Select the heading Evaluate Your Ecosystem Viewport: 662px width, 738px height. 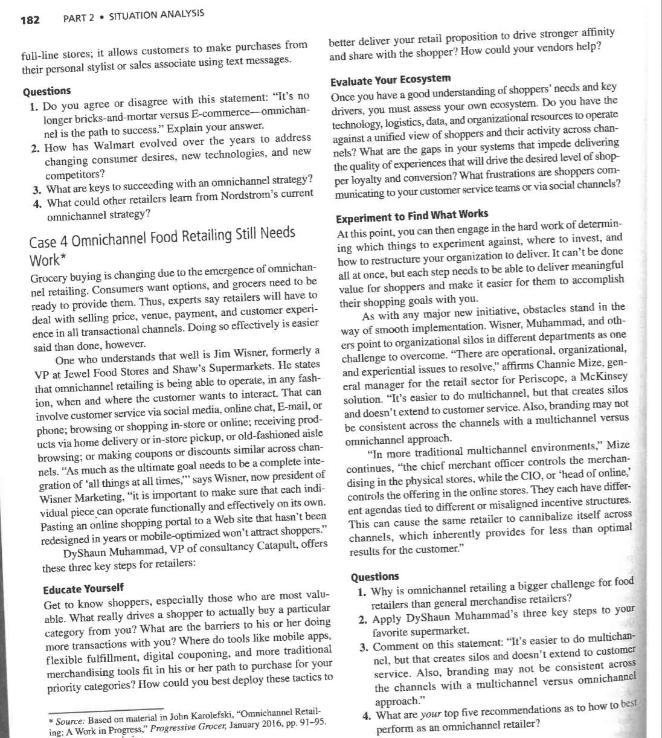point(390,79)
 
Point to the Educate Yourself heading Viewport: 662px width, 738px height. point(83,588)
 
